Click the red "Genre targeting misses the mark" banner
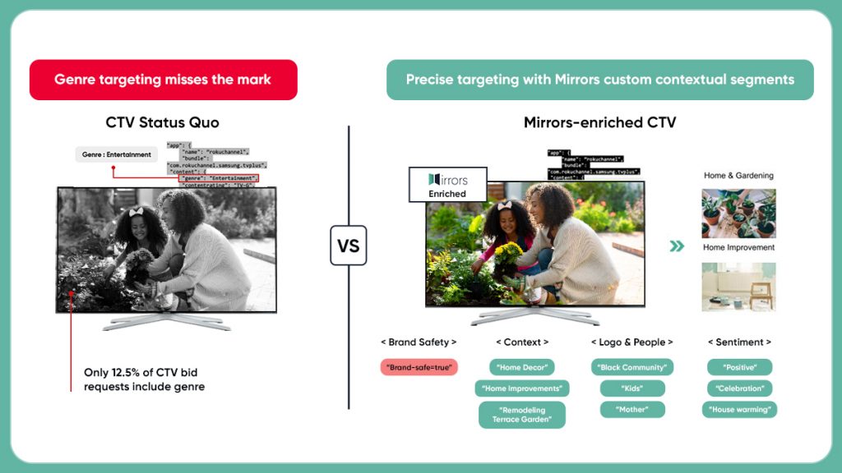pyautogui.click(x=163, y=80)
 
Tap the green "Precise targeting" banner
pyautogui.click(x=599, y=80)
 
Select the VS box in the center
pyautogui.click(x=348, y=246)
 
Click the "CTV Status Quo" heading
pyautogui.click(x=163, y=123)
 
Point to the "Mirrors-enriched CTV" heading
pyautogui.click(x=599, y=123)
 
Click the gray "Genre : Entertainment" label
pyautogui.click(x=116, y=154)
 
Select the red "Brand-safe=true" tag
pyautogui.click(x=419, y=367)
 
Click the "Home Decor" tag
pyautogui.click(x=521, y=367)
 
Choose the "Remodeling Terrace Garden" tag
pyautogui.click(x=521, y=415)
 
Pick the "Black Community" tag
pyautogui.click(x=631, y=367)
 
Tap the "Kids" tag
pyautogui.click(x=631, y=388)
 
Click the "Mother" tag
pyautogui.click(x=631, y=409)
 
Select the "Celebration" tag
pyautogui.click(x=738, y=388)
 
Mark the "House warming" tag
pyautogui.click(x=738, y=409)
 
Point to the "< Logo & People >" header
pyautogui.click(x=631, y=342)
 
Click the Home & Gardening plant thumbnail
pyautogui.click(x=738, y=214)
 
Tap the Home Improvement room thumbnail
pyautogui.click(x=738, y=287)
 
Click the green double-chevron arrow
pyautogui.click(x=676, y=246)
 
